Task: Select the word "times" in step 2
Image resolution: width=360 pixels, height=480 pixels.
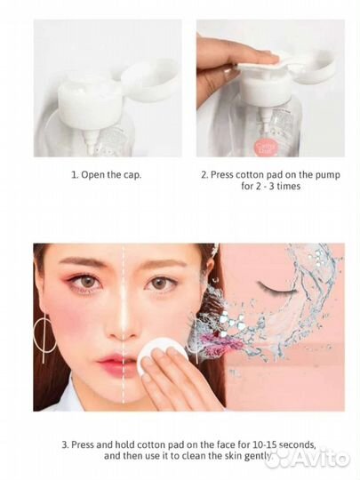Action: click(288, 187)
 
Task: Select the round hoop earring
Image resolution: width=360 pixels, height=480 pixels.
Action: click(45, 332)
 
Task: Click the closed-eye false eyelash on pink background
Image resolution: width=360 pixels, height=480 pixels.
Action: click(276, 289)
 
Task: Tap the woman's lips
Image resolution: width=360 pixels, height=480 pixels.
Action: click(114, 364)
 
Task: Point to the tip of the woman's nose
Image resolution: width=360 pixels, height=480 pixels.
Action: click(123, 332)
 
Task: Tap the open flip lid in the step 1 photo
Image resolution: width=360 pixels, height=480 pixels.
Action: click(149, 79)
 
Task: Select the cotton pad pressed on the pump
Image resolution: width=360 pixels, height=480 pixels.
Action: click(260, 63)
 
